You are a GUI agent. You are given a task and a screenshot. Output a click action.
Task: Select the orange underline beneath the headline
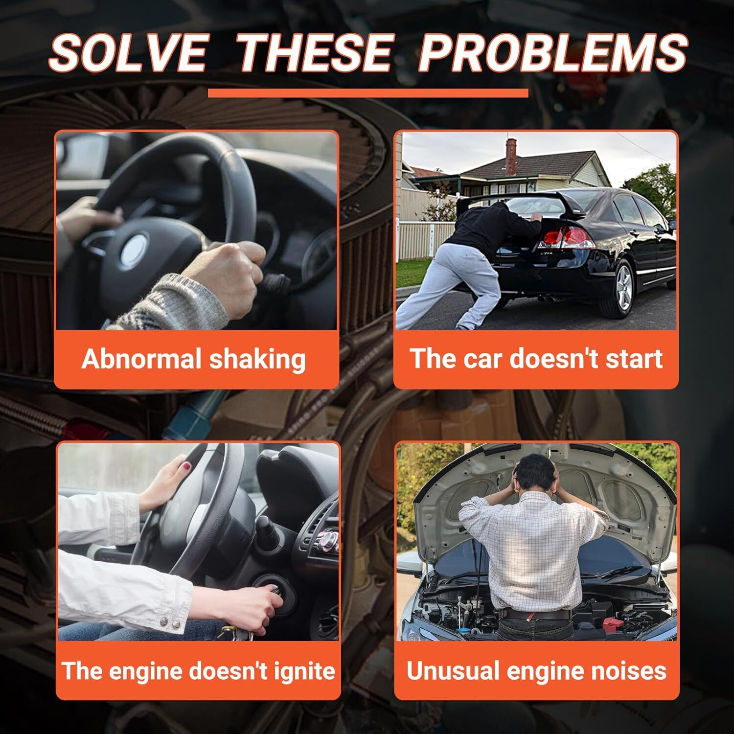pyautogui.click(x=368, y=93)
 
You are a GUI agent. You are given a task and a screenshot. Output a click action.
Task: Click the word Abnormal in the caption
pyautogui.click(x=141, y=359)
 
